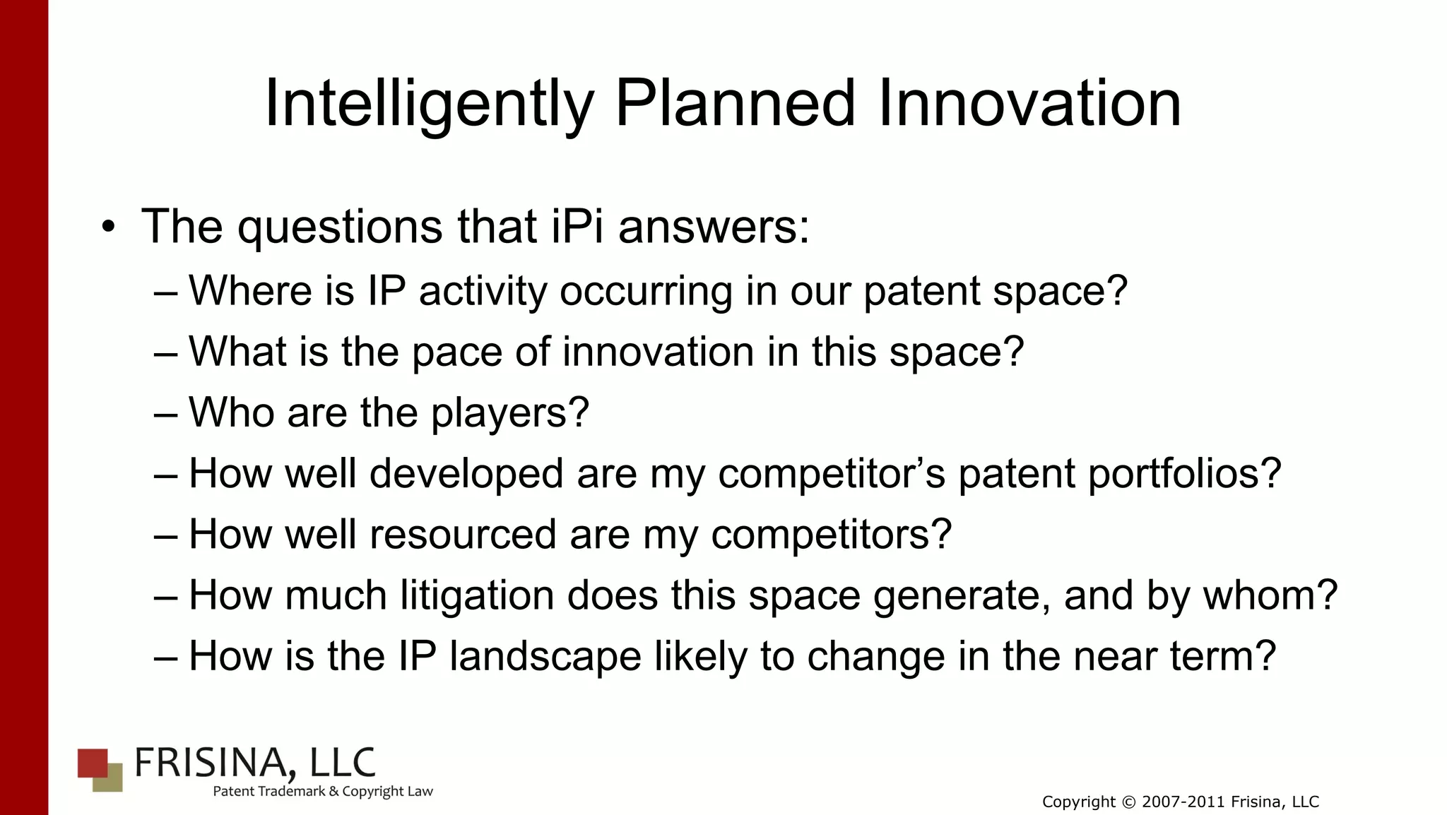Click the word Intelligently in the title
(x=428, y=105)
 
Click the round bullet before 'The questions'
(x=107, y=227)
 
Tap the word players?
(x=509, y=413)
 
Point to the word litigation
(x=477, y=595)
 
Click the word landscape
(x=545, y=656)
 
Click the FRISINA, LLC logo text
(x=254, y=763)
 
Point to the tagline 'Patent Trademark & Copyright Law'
(x=322, y=792)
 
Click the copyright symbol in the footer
(x=1128, y=802)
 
